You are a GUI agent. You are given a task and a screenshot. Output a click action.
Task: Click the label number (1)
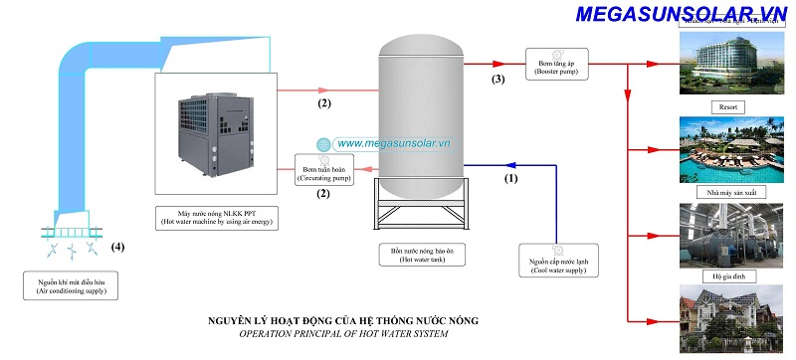point(511,180)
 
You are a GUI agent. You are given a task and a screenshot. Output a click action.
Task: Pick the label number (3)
point(499,79)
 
